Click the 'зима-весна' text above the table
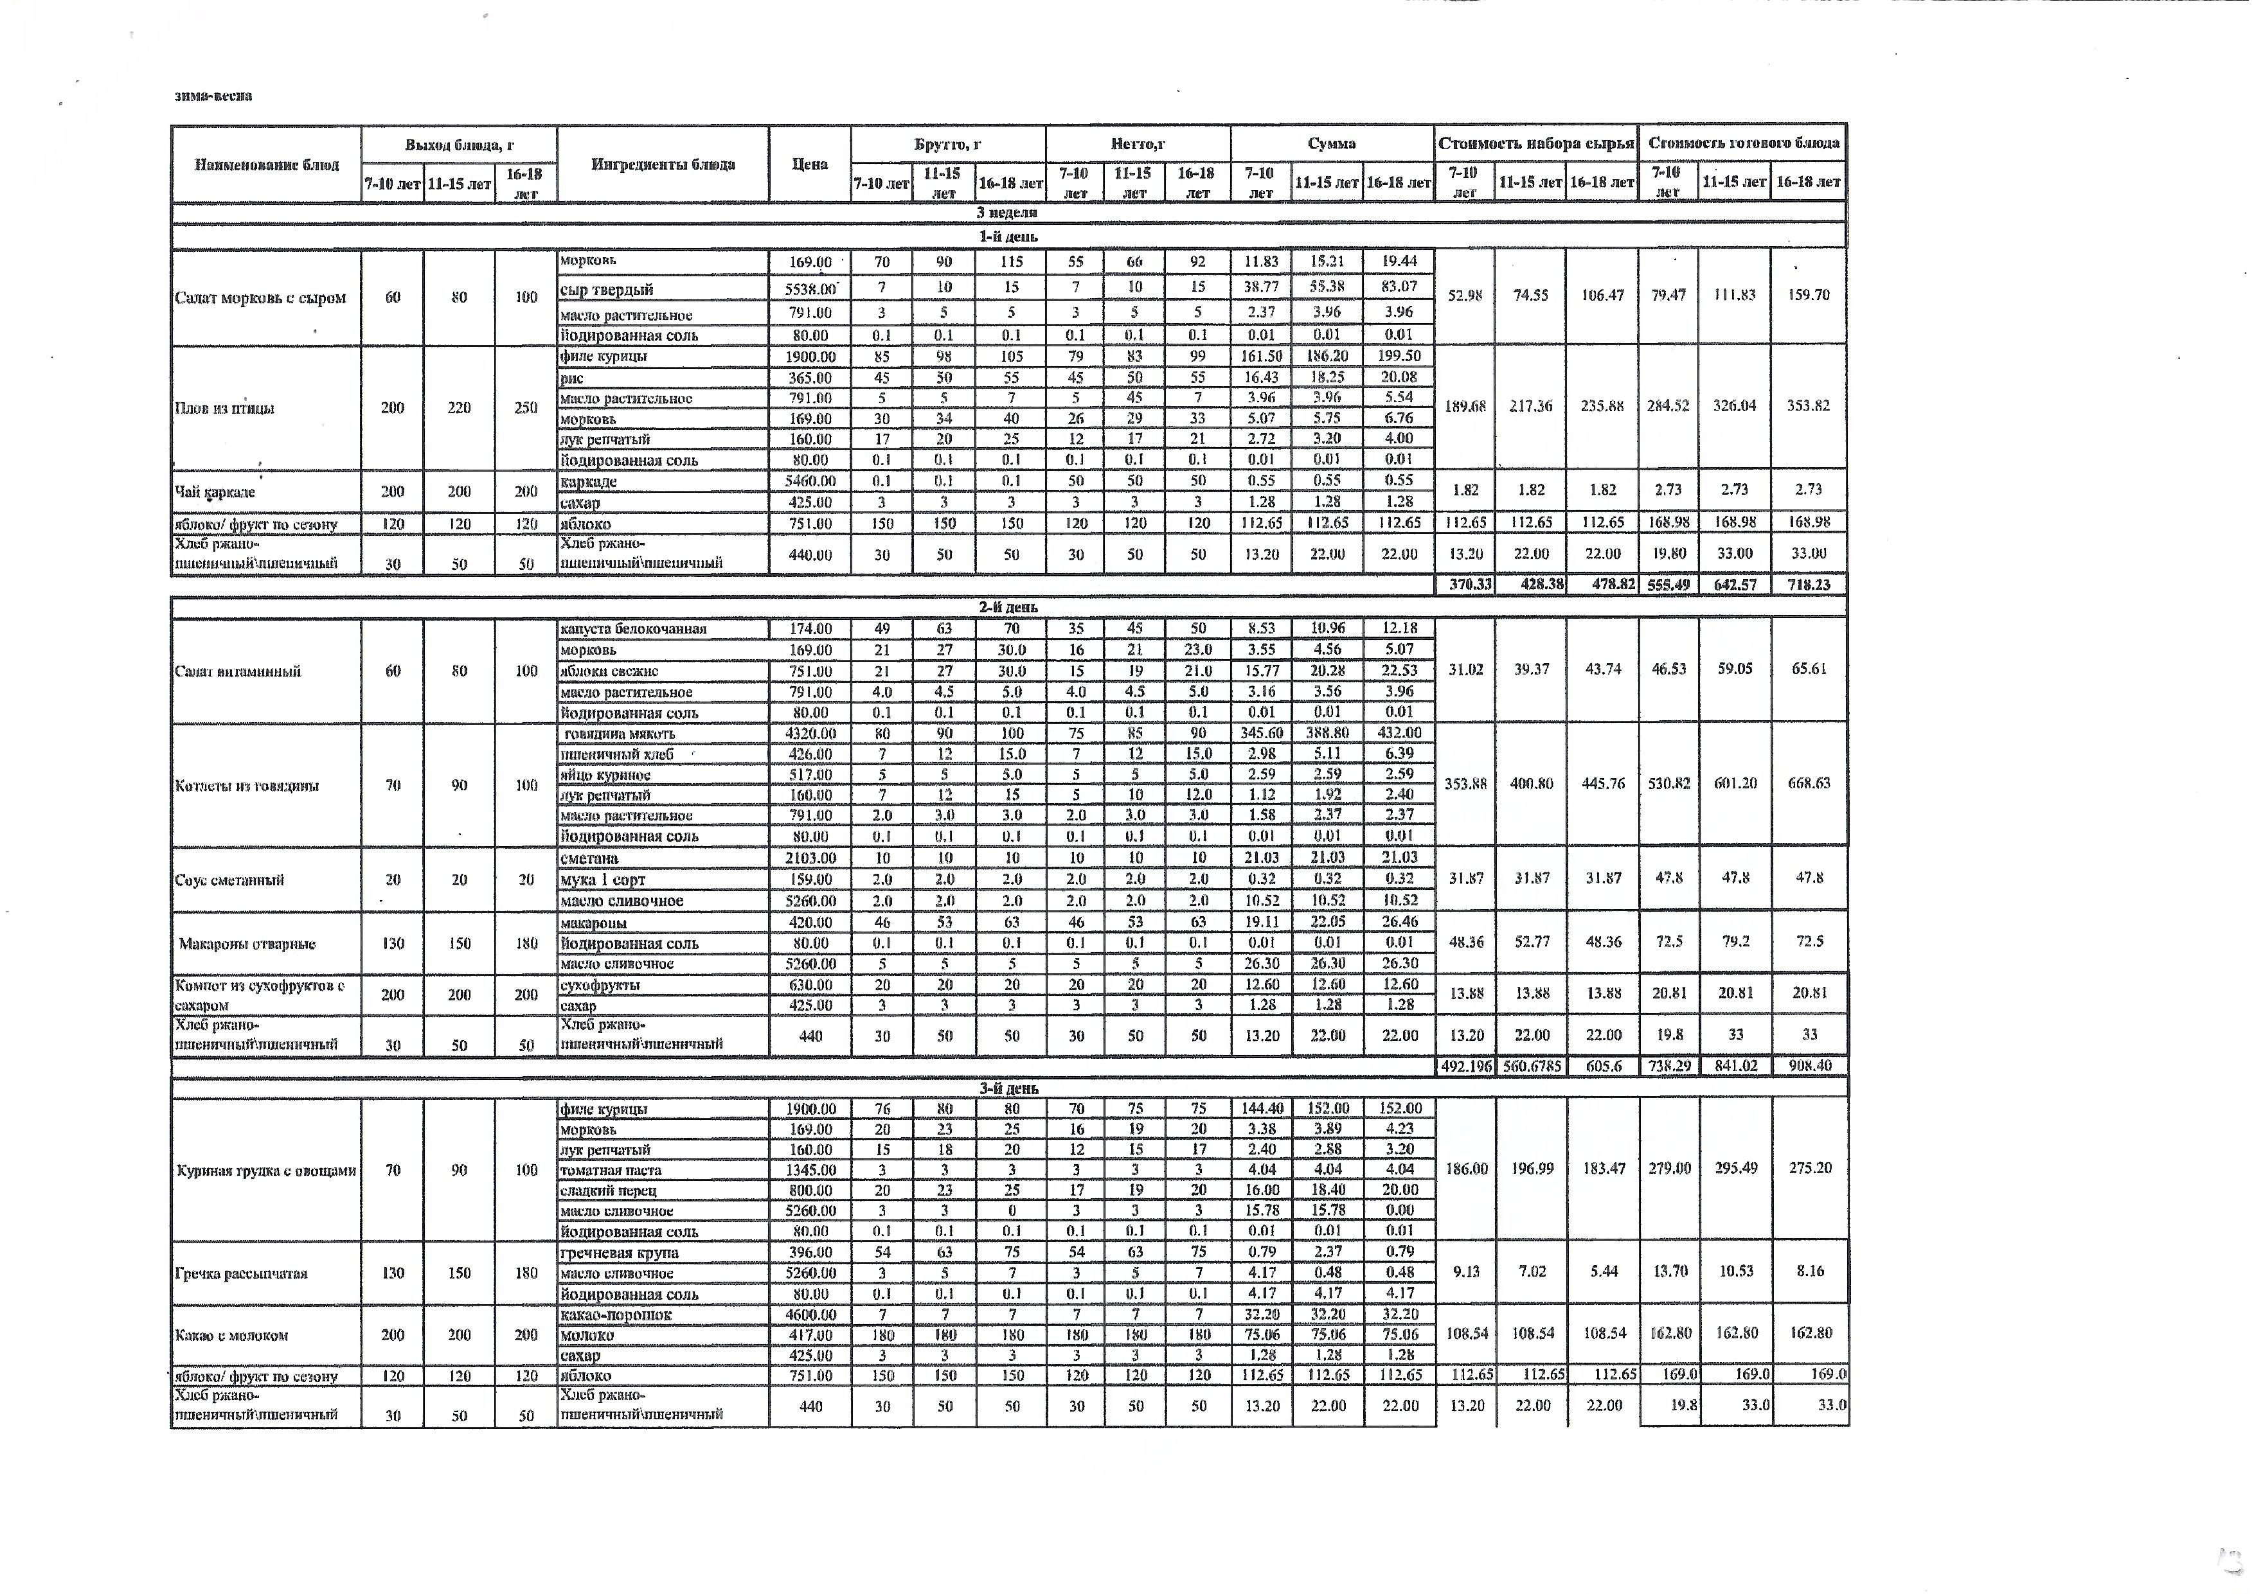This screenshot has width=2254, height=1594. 213,96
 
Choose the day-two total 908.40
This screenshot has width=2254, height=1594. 1809,1066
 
